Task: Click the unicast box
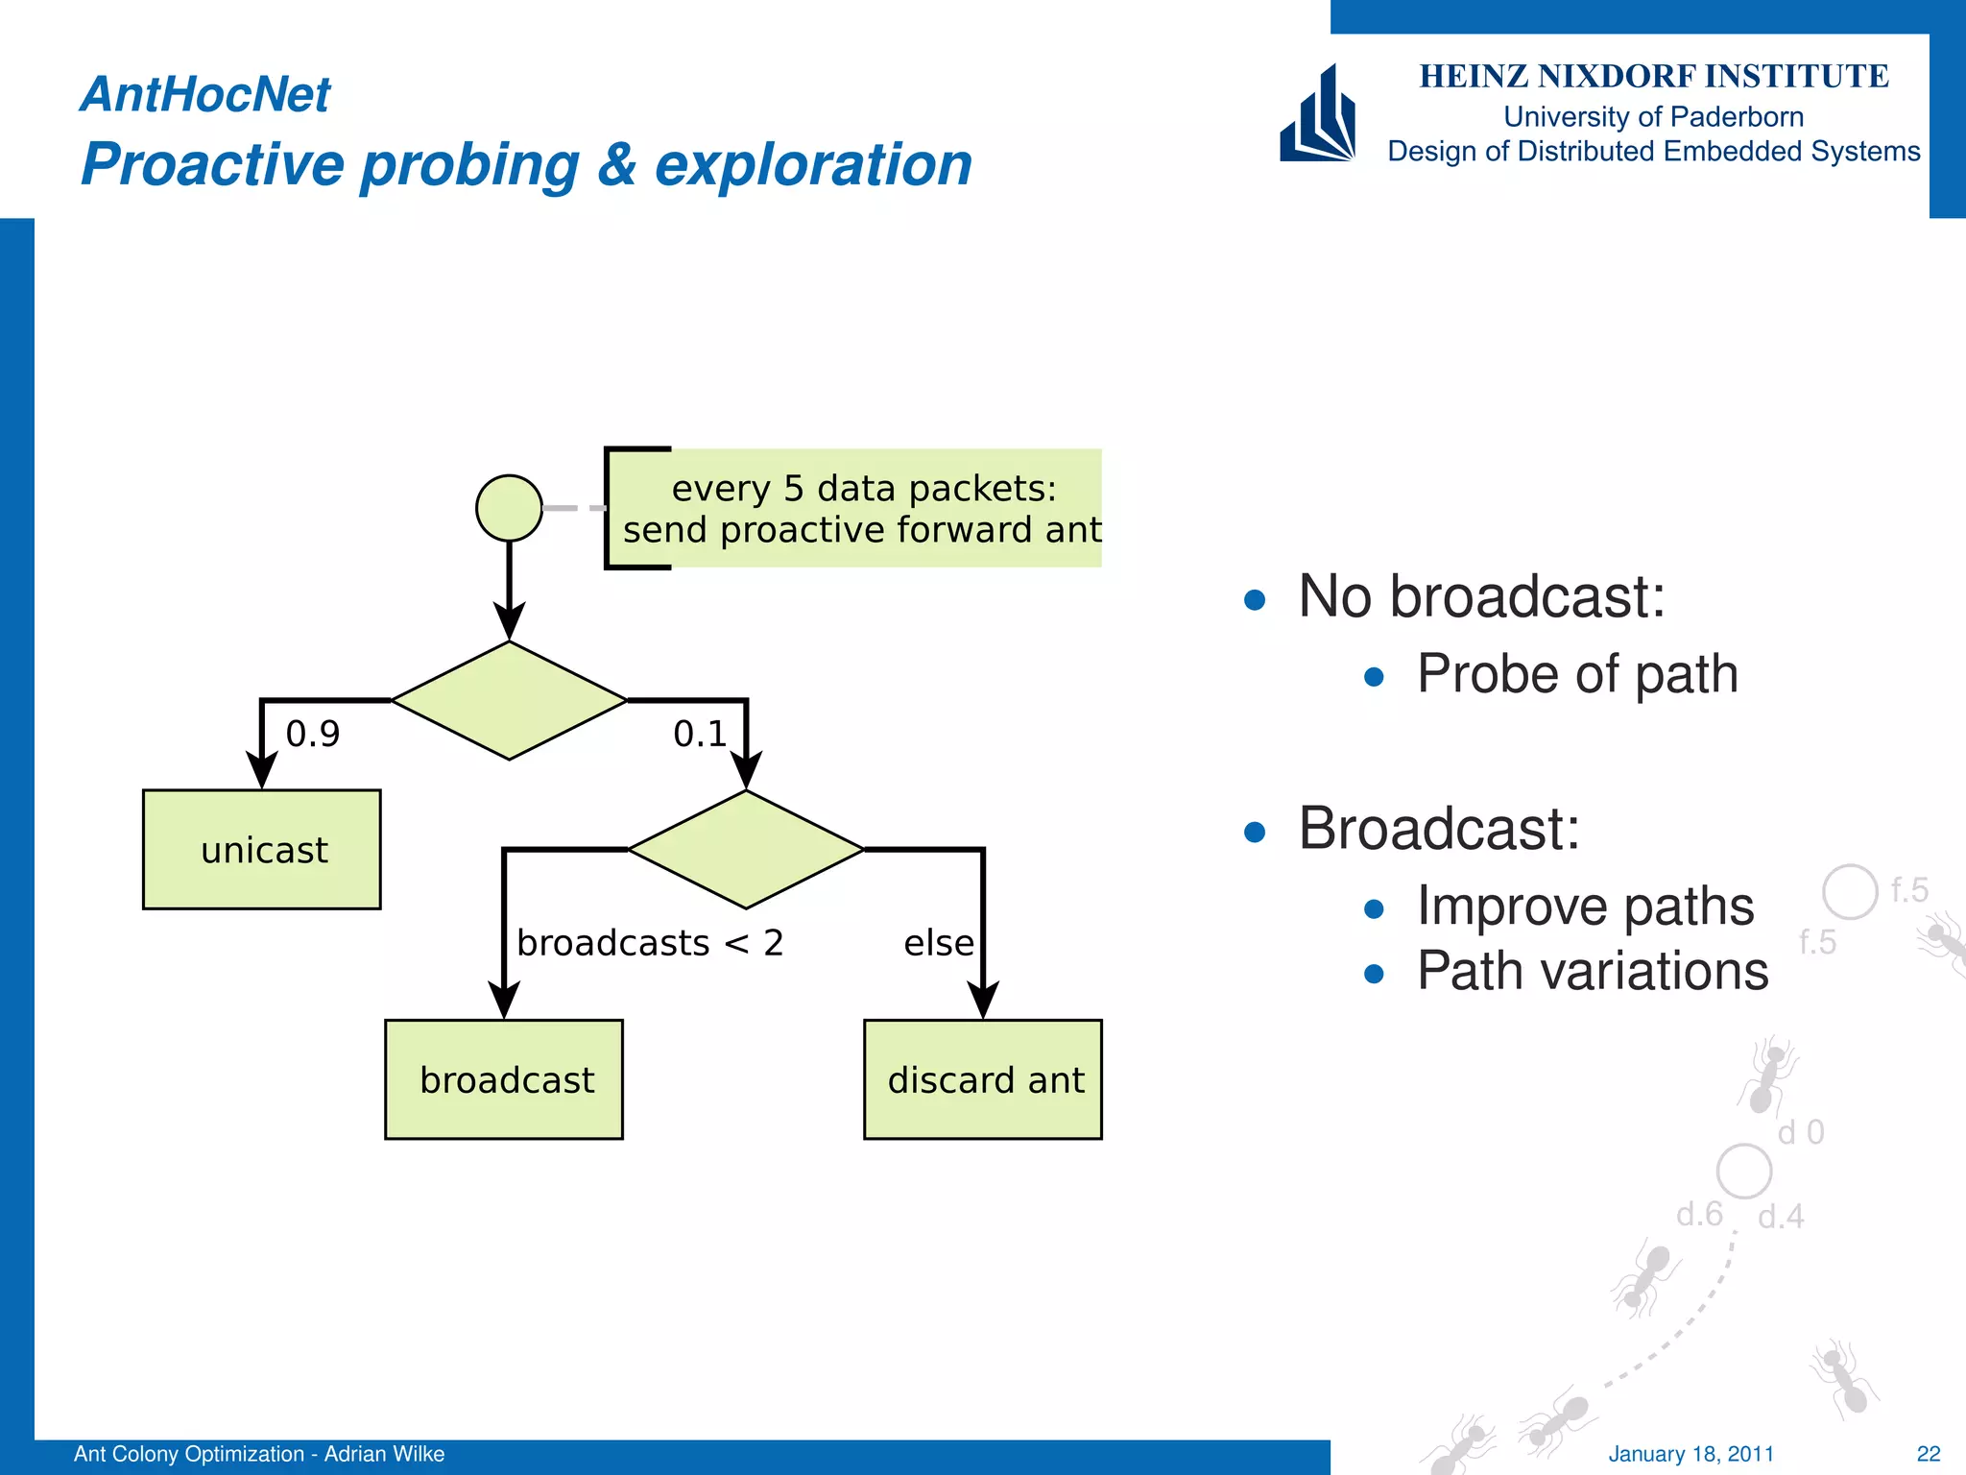pos(261,850)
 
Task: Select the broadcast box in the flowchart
pos(504,1079)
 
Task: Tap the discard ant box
pos(983,1079)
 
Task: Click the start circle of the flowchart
pos(509,508)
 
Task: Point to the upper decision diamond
pos(509,701)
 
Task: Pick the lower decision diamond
pos(746,849)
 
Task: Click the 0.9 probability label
pos(313,735)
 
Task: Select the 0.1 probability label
pos(700,735)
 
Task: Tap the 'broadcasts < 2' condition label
pos(650,943)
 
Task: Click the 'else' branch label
pos(938,943)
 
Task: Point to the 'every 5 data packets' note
pos(861,509)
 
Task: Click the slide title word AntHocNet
pos(205,94)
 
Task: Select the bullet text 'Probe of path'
pos(1576,674)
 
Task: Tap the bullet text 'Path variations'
pos(1592,971)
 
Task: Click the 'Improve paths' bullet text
pos(1585,907)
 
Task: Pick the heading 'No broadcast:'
pos(1481,596)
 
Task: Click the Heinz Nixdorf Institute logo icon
pos(1318,115)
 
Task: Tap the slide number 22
pos(1928,1454)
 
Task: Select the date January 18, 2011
pos(1690,1454)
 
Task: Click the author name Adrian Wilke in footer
pos(384,1454)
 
